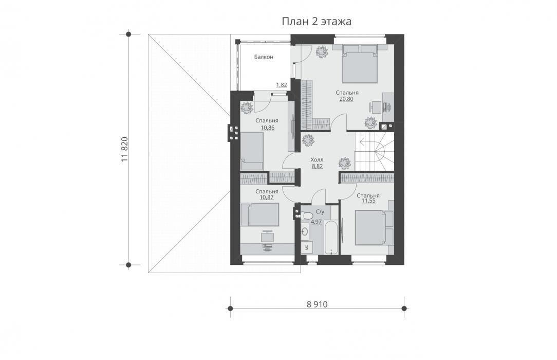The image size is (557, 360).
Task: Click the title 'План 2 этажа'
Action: pyautogui.click(x=317, y=21)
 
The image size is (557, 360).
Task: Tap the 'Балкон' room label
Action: pyautogui.click(x=264, y=57)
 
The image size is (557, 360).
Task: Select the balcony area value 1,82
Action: pyautogui.click(x=282, y=85)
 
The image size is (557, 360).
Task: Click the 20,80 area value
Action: pyautogui.click(x=346, y=99)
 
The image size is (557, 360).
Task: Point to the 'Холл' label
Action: pyautogui.click(x=317, y=160)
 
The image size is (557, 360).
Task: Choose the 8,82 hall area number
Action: pyautogui.click(x=317, y=166)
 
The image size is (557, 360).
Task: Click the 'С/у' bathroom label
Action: pyautogui.click(x=320, y=212)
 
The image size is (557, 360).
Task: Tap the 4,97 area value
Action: pyautogui.click(x=316, y=222)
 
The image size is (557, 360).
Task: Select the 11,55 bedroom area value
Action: pyautogui.click(x=368, y=201)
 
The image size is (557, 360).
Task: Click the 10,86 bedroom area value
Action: pyautogui.click(x=267, y=127)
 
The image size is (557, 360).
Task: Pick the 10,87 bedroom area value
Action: pyautogui.click(x=267, y=197)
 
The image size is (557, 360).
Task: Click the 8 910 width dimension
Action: pyautogui.click(x=317, y=304)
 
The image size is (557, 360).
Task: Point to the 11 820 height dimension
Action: pyautogui.click(x=124, y=149)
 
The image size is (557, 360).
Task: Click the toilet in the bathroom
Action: pyautogui.click(x=306, y=215)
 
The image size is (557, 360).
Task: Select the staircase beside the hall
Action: pyautogui.click(x=375, y=151)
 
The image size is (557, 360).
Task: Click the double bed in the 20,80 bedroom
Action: pyautogui.click(x=360, y=64)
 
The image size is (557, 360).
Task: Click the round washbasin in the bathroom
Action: pyautogui.click(x=305, y=231)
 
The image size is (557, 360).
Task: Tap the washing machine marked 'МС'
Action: pyautogui.click(x=305, y=247)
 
